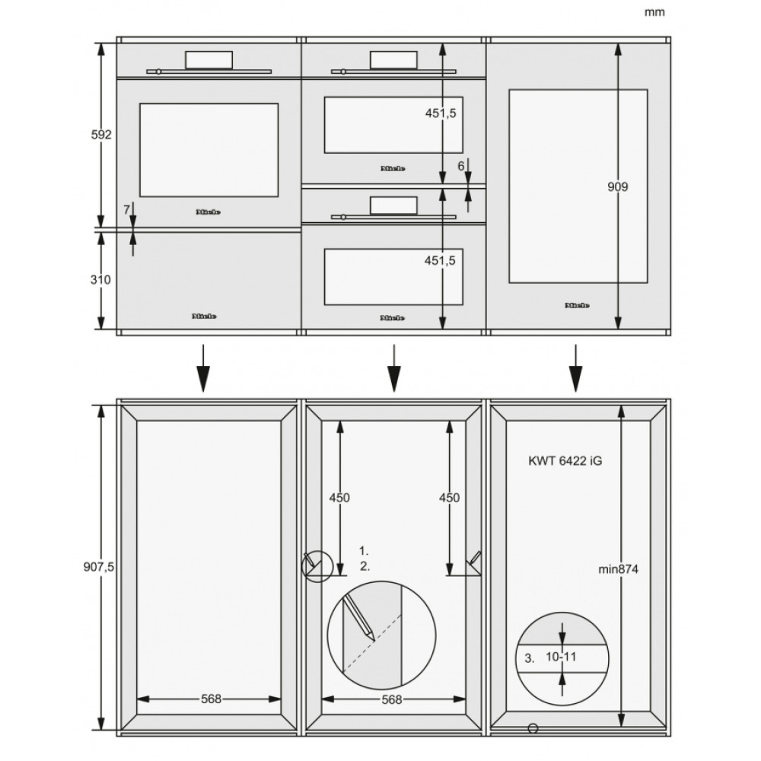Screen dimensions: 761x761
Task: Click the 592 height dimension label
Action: pos(101,135)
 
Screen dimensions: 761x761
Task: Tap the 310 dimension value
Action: pos(101,280)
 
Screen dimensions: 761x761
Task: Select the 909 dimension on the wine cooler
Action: pos(618,186)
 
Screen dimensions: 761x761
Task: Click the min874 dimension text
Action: pos(619,568)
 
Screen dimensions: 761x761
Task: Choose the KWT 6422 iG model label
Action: pos(565,460)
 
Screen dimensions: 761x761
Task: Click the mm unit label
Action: pos(654,12)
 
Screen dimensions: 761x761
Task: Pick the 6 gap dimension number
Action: pos(460,165)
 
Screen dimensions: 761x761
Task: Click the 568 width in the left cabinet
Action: pos(212,699)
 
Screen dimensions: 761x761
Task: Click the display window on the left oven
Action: pos(210,60)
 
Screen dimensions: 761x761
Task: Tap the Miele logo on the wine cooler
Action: pos(577,305)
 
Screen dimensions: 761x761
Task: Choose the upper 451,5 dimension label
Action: pos(440,113)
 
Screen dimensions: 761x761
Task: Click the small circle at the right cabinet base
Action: pos(533,728)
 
